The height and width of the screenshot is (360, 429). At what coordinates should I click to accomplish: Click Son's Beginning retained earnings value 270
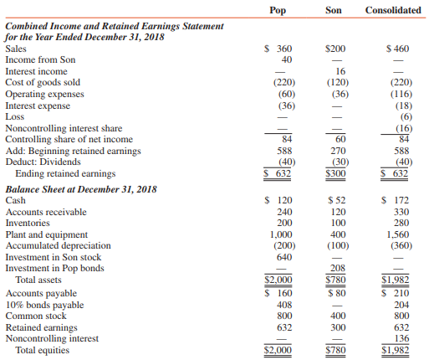click(339, 151)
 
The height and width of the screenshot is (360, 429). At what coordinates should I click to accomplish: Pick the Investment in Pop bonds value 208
click(339, 269)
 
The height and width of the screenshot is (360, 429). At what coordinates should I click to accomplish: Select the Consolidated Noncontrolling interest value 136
click(401, 339)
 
